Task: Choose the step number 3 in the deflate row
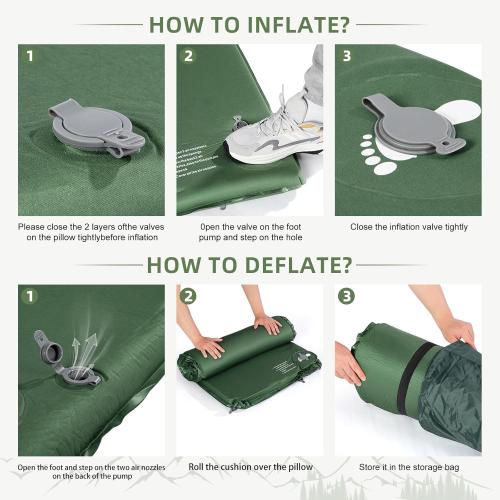point(345,297)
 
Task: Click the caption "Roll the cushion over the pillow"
point(250,467)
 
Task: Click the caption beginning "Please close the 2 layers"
point(91,233)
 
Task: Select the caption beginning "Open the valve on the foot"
point(250,233)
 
